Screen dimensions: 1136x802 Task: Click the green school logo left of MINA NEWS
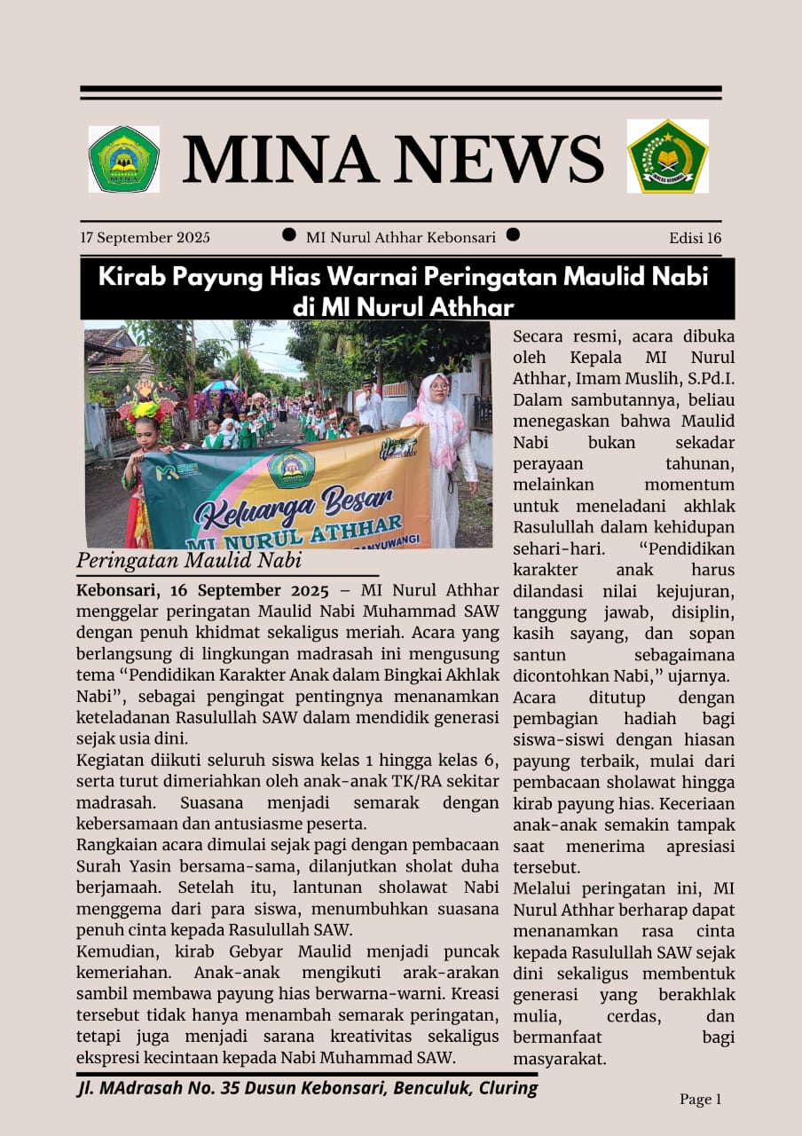point(123,159)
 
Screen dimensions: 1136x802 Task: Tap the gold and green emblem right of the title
point(667,156)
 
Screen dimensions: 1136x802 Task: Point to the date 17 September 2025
point(145,238)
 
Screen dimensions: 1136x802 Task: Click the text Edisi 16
point(695,238)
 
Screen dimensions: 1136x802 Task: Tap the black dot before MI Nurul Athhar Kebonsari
point(289,235)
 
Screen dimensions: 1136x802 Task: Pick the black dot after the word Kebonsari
point(512,235)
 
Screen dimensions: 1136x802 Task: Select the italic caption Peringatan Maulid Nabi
point(189,561)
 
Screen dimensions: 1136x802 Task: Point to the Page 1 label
point(700,1100)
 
